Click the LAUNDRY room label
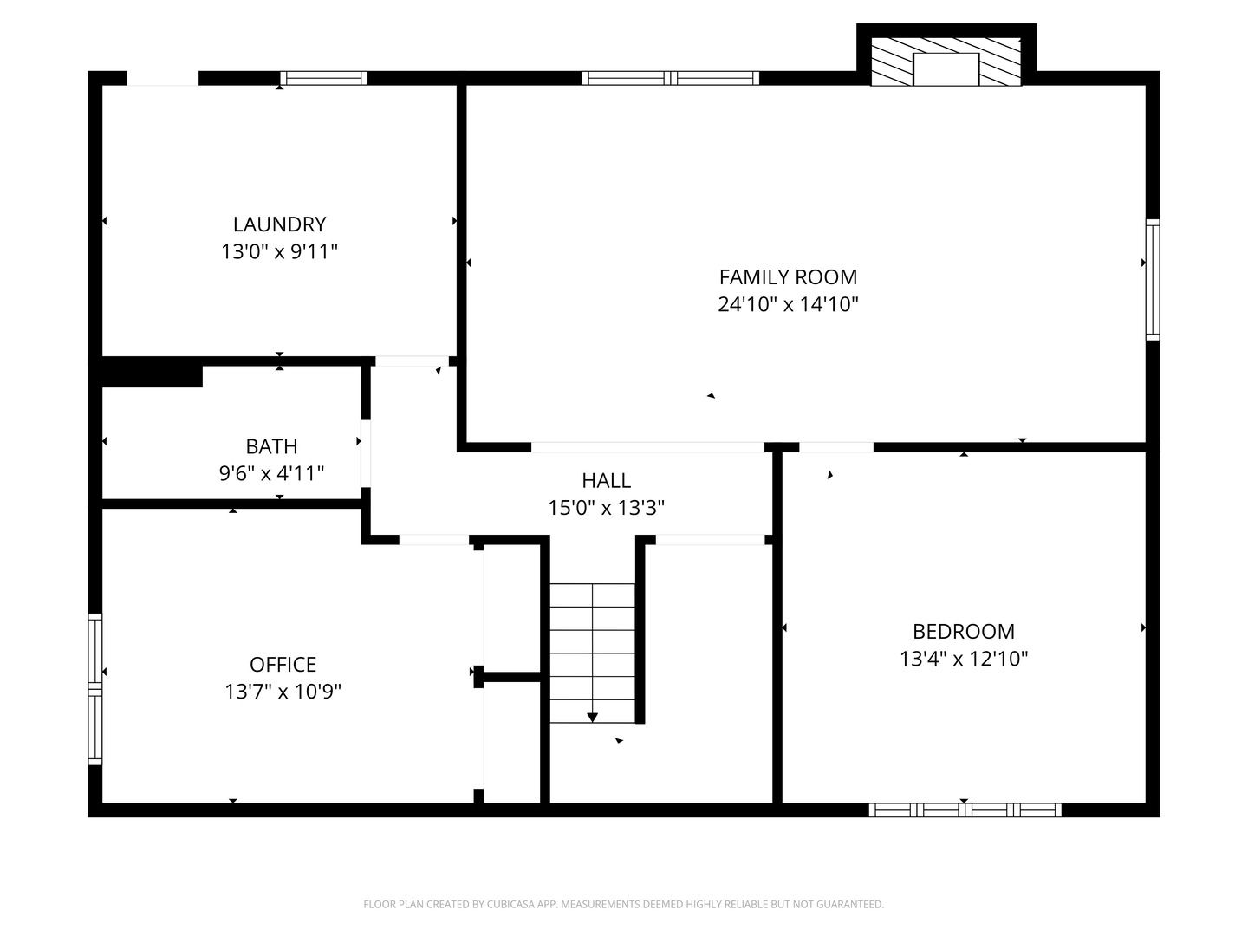(x=279, y=224)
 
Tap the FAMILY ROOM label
(x=788, y=277)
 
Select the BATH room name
(x=271, y=446)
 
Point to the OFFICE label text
(x=283, y=665)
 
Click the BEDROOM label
(x=963, y=632)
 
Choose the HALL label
(x=606, y=480)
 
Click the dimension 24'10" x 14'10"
(x=788, y=305)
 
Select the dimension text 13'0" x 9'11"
(x=279, y=252)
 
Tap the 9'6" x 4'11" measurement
(x=271, y=474)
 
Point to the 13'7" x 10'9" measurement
(x=283, y=692)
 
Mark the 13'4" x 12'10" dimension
(x=963, y=659)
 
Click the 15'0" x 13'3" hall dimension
(x=606, y=508)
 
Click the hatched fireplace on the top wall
(x=946, y=61)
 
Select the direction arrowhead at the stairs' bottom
(x=592, y=718)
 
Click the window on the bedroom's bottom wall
(x=965, y=810)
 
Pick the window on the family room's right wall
(x=1153, y=279)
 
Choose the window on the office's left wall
(x=95, y=689)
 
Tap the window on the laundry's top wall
(x=324, y=78)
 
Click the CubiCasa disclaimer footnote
(x=623, y=905)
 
